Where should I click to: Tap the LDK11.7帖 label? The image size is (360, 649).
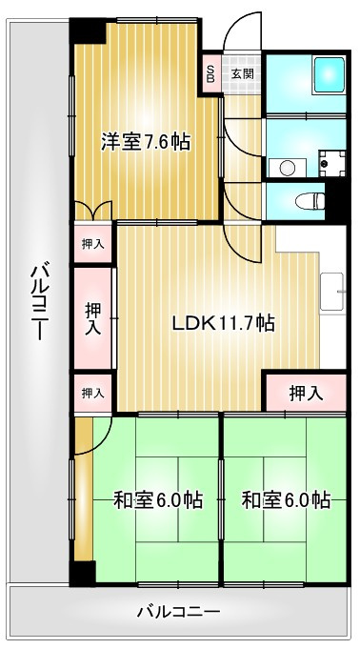(x=223, y=322)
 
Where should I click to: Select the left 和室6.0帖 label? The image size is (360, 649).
(x=157, y=499)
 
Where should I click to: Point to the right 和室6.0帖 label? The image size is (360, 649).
(x=286, y=499)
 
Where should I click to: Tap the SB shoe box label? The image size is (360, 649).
(x=210, y=73)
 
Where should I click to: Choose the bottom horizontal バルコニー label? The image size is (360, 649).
(x=179, y=611)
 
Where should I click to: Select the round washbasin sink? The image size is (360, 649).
(x=287, y=169)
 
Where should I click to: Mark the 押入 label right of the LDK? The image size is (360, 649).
(x=305, y=392)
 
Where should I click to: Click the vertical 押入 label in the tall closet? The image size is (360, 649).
(x=92, y=318)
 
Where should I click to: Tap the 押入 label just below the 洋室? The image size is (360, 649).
(x=92, y=244)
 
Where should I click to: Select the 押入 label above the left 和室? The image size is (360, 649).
(x=92, y=393)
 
